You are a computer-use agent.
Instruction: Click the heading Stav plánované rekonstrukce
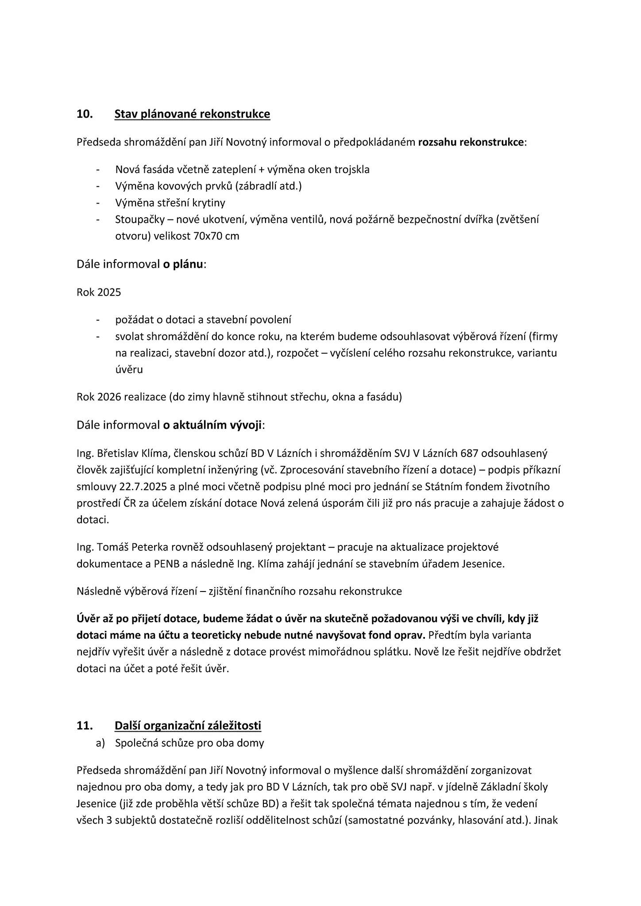coord(192,114)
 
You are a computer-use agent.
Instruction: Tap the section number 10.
coord(85,114)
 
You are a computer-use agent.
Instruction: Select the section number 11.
coord(85,726)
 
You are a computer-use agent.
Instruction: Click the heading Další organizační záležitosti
coord(188,726)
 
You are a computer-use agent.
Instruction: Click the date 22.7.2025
coord(143,487)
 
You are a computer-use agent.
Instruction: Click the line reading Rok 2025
coord(99,292)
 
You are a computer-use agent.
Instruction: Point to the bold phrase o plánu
coord(183,265)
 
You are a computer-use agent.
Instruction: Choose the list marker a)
coord(100,743)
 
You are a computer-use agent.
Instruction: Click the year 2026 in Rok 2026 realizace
coord(109,397)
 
